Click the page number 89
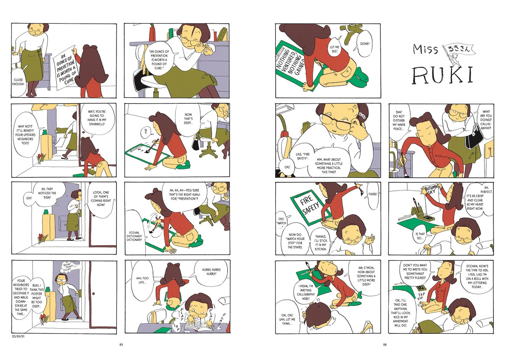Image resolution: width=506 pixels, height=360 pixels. [121, 345]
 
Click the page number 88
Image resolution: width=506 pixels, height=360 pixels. [385, 345]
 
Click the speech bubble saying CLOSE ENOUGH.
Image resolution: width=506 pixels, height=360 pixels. [20, 82]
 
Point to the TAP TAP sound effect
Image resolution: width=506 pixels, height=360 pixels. [421, 296]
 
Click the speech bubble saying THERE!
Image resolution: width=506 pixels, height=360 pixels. [373, 195]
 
